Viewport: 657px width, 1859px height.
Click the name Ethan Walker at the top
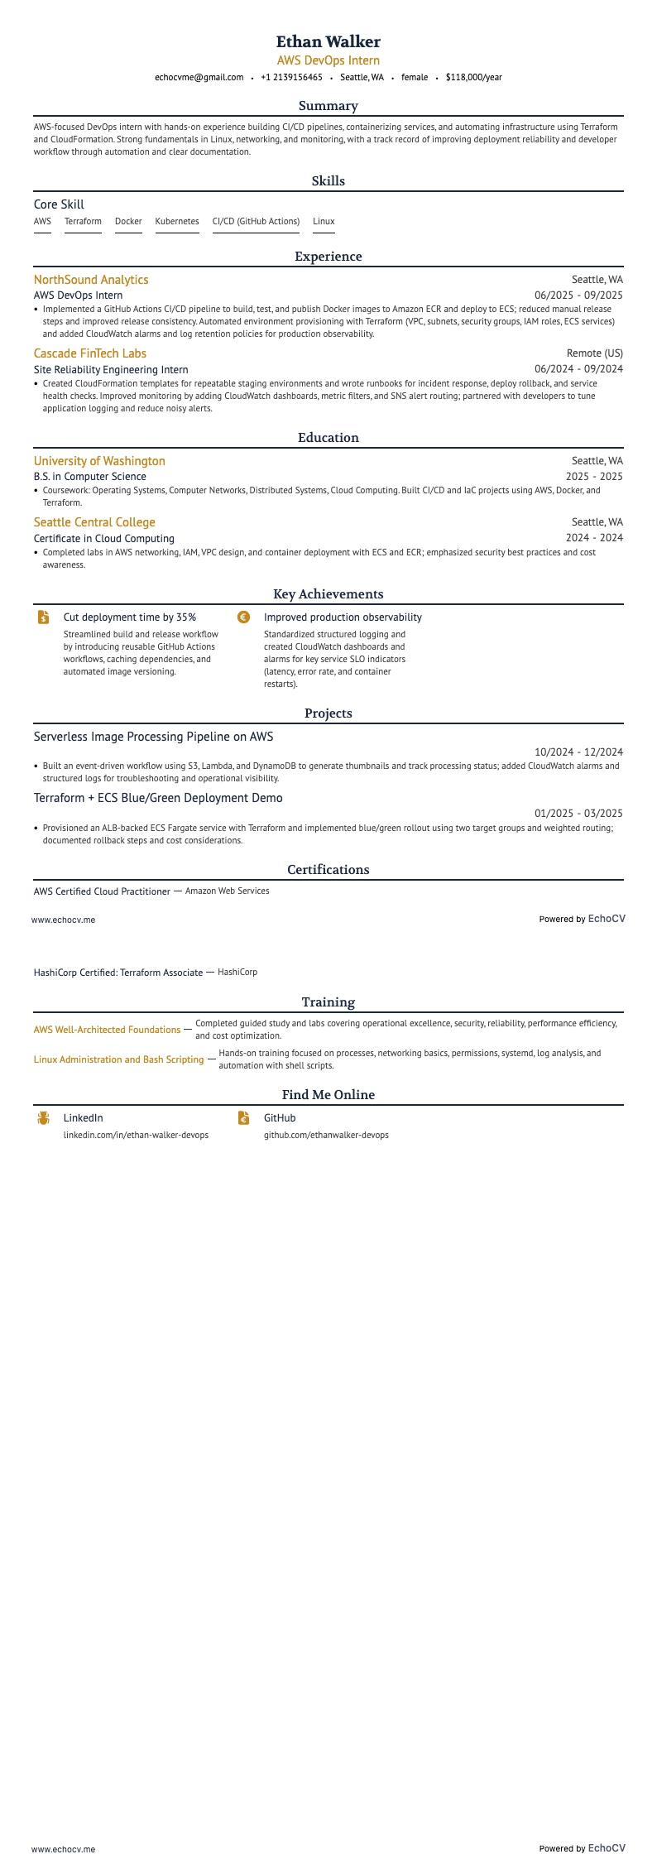tap(328, 41)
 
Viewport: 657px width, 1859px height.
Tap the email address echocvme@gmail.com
tap(199, 78)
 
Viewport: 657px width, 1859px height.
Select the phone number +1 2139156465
tap(291, 78)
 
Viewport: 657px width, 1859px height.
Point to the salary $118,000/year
tap(473, 78)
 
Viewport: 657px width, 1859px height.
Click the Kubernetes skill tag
tap(177, 222)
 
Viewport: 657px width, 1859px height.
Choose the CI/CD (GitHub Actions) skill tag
tap(256, 222)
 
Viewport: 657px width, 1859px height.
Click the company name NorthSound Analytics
tap(91, 280)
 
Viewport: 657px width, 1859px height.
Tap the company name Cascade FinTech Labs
tap(90, 353)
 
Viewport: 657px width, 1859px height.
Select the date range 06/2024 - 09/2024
tap(578, 369)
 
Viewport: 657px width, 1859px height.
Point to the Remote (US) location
tap(595, 353)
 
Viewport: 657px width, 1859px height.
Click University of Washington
tap(99, 461)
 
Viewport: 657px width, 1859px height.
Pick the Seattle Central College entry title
tap(94, 522)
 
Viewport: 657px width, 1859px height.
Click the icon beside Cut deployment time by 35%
tap(43, 617)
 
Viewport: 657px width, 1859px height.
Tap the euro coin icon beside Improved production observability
tap(243, 617)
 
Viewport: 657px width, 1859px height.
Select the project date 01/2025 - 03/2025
tap(578, 814)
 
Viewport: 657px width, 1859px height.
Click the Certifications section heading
tap(328, 870)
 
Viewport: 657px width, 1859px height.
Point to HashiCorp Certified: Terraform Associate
tap(118, 973)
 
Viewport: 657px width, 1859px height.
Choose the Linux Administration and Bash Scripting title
tap(118, 1059)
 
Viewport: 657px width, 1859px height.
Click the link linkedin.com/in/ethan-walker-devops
tap(136, 1136)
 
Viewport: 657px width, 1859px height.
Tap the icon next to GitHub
tap(243, 1118)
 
